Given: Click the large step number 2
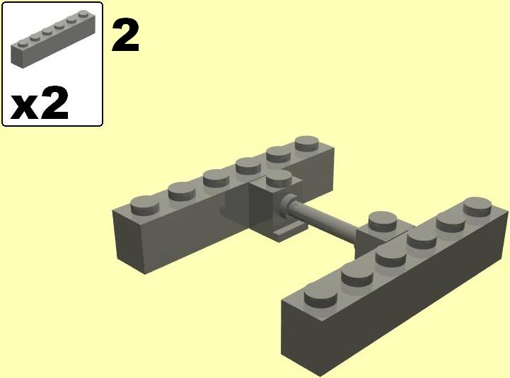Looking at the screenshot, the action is click(x=125, y=36).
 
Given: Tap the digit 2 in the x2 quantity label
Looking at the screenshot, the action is click(x=54, y=103).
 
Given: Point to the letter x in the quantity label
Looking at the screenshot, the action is click(x=24, y=108).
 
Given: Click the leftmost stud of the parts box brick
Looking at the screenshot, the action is click(x=23, y=43).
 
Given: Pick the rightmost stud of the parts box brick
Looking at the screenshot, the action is click(x=83, y=13).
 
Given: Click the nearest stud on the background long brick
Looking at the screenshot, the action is click(x=145, y=205).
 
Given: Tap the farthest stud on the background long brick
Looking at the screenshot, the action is click(x=308, y=144).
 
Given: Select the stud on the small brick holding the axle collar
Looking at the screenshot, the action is click(x=279, y=179).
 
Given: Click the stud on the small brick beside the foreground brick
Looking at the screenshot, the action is click(x=383, y=220).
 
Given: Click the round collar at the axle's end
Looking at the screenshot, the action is click(x=286, y=206).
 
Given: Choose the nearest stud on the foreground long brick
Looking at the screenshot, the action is click(x=320, y=296).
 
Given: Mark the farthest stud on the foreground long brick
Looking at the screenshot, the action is click(x=477, y=206).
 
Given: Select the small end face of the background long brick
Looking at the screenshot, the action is click(x=129, y=241).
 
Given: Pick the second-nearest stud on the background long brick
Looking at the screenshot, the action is click(x=182, y=191).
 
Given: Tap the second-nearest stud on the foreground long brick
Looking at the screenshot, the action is click(x=357, y=274).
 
